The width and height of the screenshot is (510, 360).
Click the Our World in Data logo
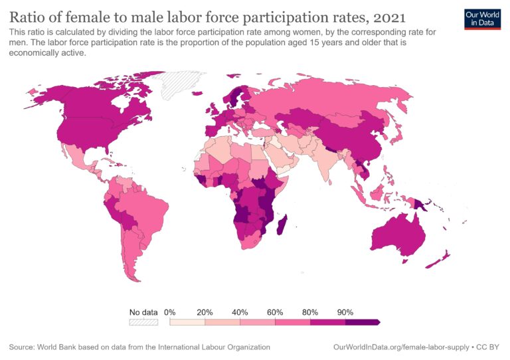481,19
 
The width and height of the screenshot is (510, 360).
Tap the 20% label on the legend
205,312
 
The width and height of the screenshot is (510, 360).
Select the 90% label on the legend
345,312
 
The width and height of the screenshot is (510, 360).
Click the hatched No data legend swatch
143,322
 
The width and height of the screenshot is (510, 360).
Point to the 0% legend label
169,312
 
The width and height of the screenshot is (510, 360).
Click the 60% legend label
275,312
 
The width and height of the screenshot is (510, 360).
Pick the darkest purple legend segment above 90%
362,322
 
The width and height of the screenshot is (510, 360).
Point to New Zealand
440,259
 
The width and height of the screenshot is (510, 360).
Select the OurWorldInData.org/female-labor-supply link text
402,347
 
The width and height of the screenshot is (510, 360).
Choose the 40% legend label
240,312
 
